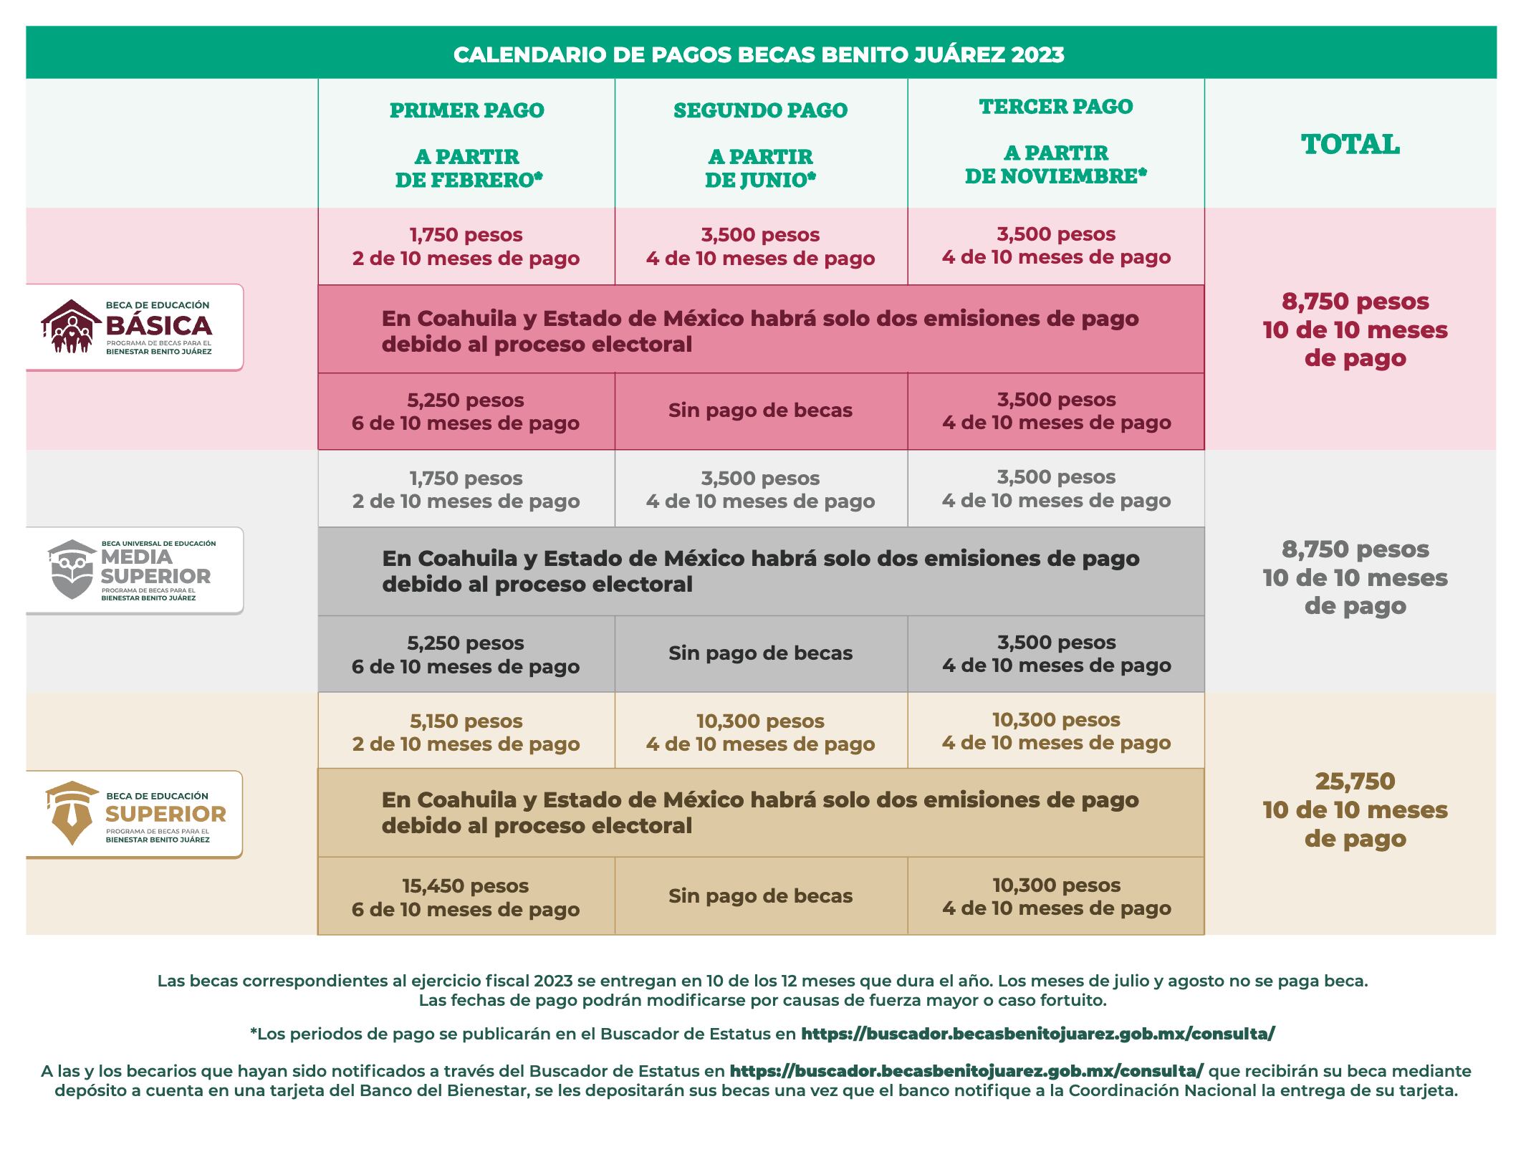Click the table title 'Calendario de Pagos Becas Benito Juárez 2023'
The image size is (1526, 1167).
(x=759, y=54)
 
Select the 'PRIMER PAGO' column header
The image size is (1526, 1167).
(x=466, y=110)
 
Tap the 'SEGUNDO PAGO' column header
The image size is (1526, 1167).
(x=760, y=110)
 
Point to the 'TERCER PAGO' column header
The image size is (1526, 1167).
(x=1056, y=107)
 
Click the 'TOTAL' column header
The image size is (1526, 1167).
(x=1350, y=145)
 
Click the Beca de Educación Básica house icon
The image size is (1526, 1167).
(x=70, y=327)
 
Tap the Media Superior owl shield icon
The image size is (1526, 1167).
(x=72, y=570)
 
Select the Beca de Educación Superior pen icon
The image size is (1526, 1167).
(x=72, y=813)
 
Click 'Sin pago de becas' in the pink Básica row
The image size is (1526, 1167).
(x=760, y=410)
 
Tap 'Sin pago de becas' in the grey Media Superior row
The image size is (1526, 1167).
(x=760, y=653)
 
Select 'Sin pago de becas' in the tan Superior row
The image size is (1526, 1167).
(x=760, y=896)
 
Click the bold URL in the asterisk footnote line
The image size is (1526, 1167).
(x=1037, y=1034)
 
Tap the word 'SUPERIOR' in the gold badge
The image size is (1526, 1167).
(x=165, y=815)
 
